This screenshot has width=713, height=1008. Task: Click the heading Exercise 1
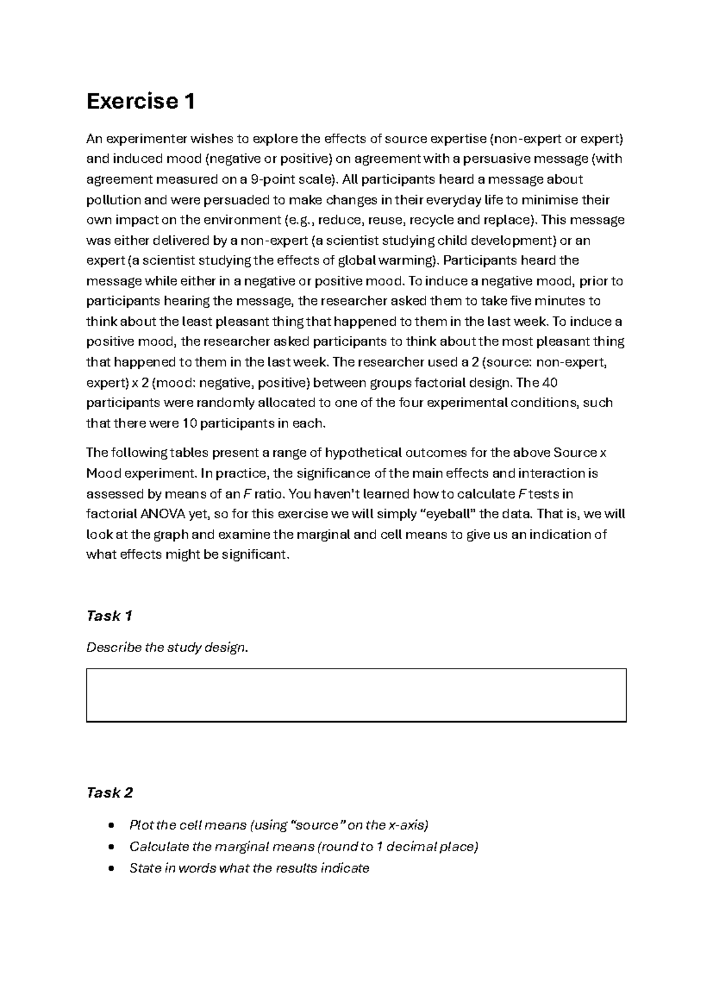(140, 102)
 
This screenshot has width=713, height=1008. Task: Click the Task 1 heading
(109, 616)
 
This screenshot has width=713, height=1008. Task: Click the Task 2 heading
(109, 792)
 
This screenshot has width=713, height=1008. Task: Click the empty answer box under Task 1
(356, 695)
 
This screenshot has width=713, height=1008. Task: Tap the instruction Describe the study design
(167, 647)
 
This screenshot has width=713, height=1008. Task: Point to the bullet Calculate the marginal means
(304, 846)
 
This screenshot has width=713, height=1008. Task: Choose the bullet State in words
(249, 868)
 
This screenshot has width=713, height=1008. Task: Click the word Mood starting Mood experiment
(104, 474)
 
